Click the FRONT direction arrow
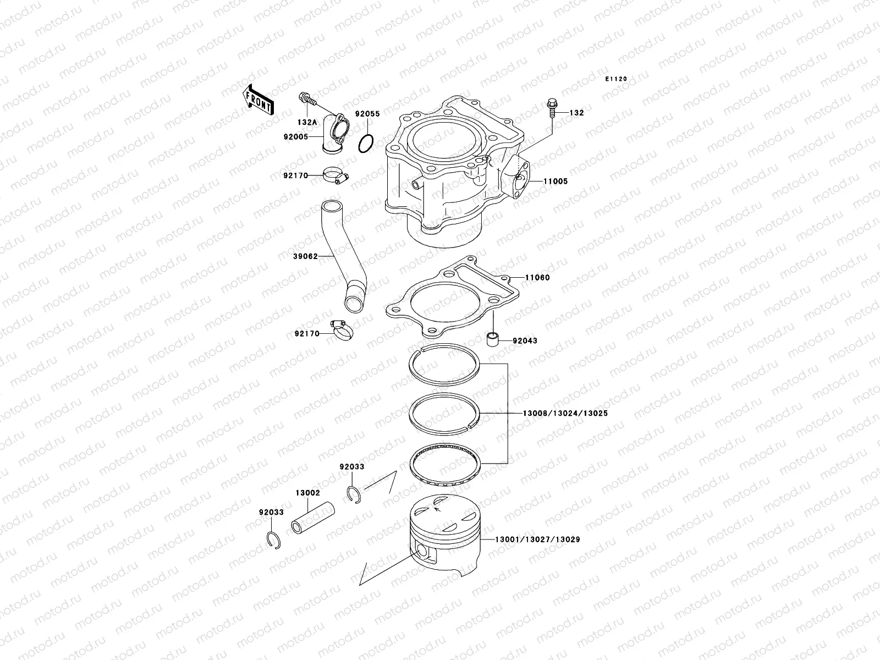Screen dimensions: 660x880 point(258,99)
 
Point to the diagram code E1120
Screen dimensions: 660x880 point(616,79)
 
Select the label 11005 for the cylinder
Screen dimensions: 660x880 point(556,182)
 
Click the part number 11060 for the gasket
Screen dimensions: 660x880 point(537,278)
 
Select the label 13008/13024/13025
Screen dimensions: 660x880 point(557,413)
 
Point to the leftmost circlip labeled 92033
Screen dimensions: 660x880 point(273,540)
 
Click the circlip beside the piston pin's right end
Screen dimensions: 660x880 point(354,494)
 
